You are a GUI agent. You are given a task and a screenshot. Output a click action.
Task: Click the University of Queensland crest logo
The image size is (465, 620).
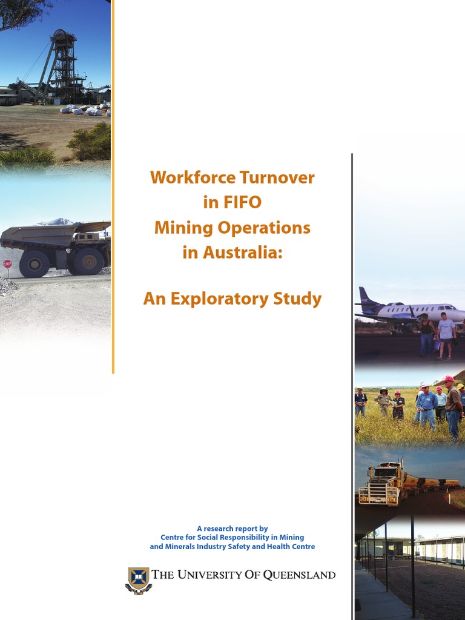click(138, 579)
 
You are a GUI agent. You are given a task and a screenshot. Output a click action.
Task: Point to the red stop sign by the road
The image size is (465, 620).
click(7, 265)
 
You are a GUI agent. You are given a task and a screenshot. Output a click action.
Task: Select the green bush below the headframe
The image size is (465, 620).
click(90, 143)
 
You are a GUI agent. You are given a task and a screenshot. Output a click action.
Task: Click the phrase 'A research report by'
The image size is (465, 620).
click(232, 528)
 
